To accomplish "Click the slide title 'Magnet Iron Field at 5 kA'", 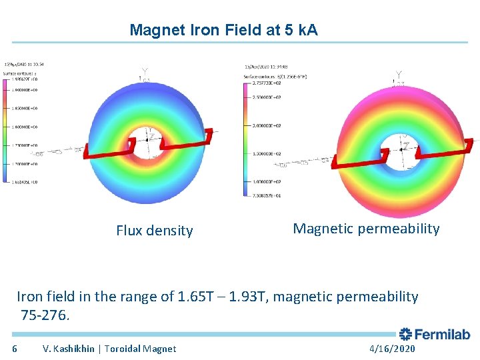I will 223,30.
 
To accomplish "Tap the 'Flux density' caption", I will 154,231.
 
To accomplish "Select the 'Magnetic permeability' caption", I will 366,229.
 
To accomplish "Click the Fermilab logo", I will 435,334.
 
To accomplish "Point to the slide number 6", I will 15,349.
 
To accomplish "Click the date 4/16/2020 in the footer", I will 391,349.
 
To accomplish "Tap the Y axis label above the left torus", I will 145,72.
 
